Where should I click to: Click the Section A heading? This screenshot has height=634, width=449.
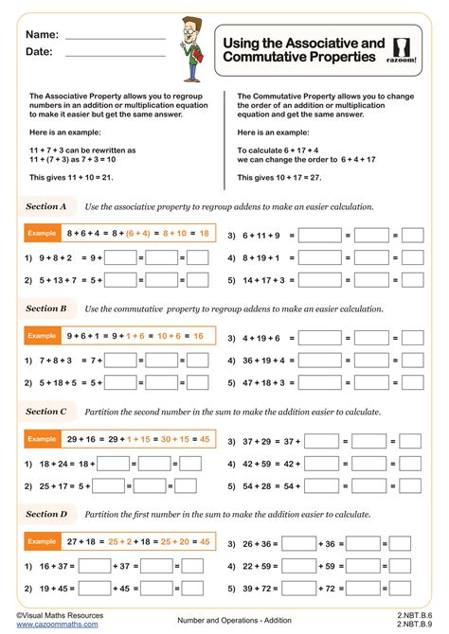[x=45, y=205]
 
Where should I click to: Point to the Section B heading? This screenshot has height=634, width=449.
[x=45, y=308]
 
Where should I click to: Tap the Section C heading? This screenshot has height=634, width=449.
[x=45, y=412]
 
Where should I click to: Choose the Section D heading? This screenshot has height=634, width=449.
[x=45, y=514]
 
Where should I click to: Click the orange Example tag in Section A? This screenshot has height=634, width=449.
[x=42, y=233]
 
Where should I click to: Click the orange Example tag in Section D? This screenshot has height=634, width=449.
[x=42, y=541]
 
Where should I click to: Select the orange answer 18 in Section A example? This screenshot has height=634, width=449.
[x=204, y=233]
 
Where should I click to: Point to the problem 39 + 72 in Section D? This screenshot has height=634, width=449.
[x=259, y=588]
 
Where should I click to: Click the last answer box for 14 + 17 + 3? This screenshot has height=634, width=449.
[x=411, y=280]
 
